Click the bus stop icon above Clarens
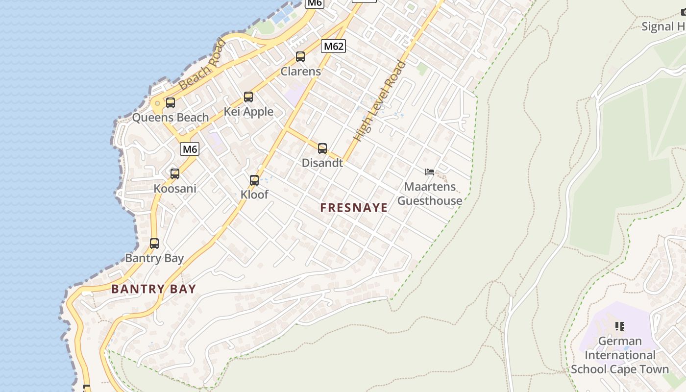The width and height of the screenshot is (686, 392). [300, 57]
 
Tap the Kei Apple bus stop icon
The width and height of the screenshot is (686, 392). [248, 97]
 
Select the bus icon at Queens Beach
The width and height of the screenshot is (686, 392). [171, 103]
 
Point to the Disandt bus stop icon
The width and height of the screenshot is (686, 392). [322, 148]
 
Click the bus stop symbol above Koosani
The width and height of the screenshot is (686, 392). [175, 174]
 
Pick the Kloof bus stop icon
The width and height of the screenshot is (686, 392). [254, 180]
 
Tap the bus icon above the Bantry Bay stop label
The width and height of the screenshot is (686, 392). [154, 244]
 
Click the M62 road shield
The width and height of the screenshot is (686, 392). [334, 47]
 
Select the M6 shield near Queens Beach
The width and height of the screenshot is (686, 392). [190, 149]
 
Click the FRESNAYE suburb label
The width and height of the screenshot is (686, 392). [354, 208]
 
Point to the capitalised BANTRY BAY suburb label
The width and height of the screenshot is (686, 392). [153, 289]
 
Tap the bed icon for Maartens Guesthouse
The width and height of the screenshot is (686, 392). [430, 172]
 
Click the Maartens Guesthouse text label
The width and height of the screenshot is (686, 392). [429, 194]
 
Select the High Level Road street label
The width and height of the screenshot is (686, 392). [380, 101]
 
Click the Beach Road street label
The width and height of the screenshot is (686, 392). [202, 65]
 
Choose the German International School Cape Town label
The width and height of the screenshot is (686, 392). [620, 355]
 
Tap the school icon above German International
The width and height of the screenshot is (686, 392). [620, 326]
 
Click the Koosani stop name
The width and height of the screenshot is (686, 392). [175, 189]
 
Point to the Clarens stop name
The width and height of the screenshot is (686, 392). [300, 72]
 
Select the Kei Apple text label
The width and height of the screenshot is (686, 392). [248, 112]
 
